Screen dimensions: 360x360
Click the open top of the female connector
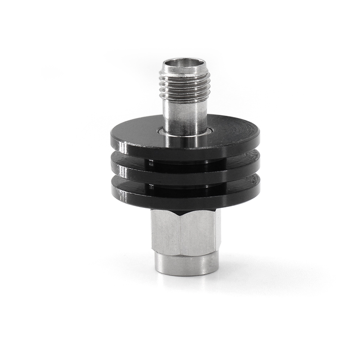click(184, 63)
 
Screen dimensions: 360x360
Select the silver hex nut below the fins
click(184, 232)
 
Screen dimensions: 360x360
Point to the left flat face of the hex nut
click(166, 232)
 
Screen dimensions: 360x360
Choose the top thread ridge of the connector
click(184, 74)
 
